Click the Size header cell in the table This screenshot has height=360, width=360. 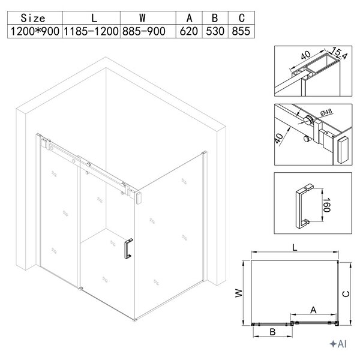pos(33,18)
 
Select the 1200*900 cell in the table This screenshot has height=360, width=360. pos(35,31)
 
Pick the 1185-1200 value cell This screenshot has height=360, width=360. pos(91,31)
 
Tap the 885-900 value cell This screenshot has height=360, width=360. pos(144,31)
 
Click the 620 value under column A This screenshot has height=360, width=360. pos(189,31)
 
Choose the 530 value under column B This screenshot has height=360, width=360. pos(215,31)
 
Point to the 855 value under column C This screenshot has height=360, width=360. pos(241,31)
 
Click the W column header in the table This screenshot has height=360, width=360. pos(143,17)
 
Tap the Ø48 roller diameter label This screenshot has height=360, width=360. pos(326,113)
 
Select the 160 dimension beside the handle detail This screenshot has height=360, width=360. pos(327,205)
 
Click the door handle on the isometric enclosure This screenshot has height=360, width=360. pos(128,248)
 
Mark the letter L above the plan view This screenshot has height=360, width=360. pos(295,247)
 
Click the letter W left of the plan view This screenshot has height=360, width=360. pos(239,293)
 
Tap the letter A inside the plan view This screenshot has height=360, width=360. pos(313,310)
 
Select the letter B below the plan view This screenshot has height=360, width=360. pos(272,332)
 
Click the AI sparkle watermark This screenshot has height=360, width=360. pos(338,344)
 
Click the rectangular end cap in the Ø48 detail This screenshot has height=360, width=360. pos(343,149)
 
